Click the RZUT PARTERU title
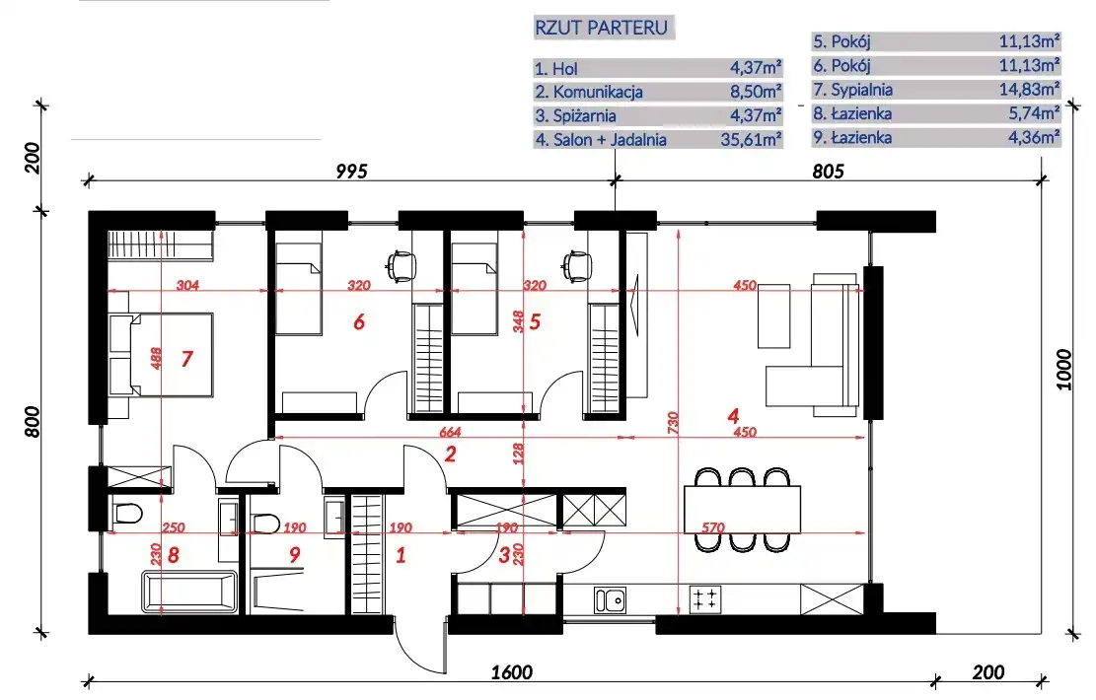[601, 28]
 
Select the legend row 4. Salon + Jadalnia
[658, 140]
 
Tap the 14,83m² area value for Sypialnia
[1029, 90]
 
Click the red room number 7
[186, 359]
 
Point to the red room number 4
[733, 416]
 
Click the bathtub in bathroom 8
[189, 593]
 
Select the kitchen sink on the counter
[610, 600]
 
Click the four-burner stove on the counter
[704, 599]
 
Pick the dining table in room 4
[742, 509]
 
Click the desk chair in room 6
[402, 265]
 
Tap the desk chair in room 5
[577, 265]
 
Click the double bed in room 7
[161, 355]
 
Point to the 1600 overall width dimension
[512, 672]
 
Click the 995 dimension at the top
[351, 172]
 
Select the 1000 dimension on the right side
[1063, 370]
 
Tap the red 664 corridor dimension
[450, 433]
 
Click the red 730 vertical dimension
[673, 423]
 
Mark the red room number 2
[450, 455]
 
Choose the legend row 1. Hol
[658, 68]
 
